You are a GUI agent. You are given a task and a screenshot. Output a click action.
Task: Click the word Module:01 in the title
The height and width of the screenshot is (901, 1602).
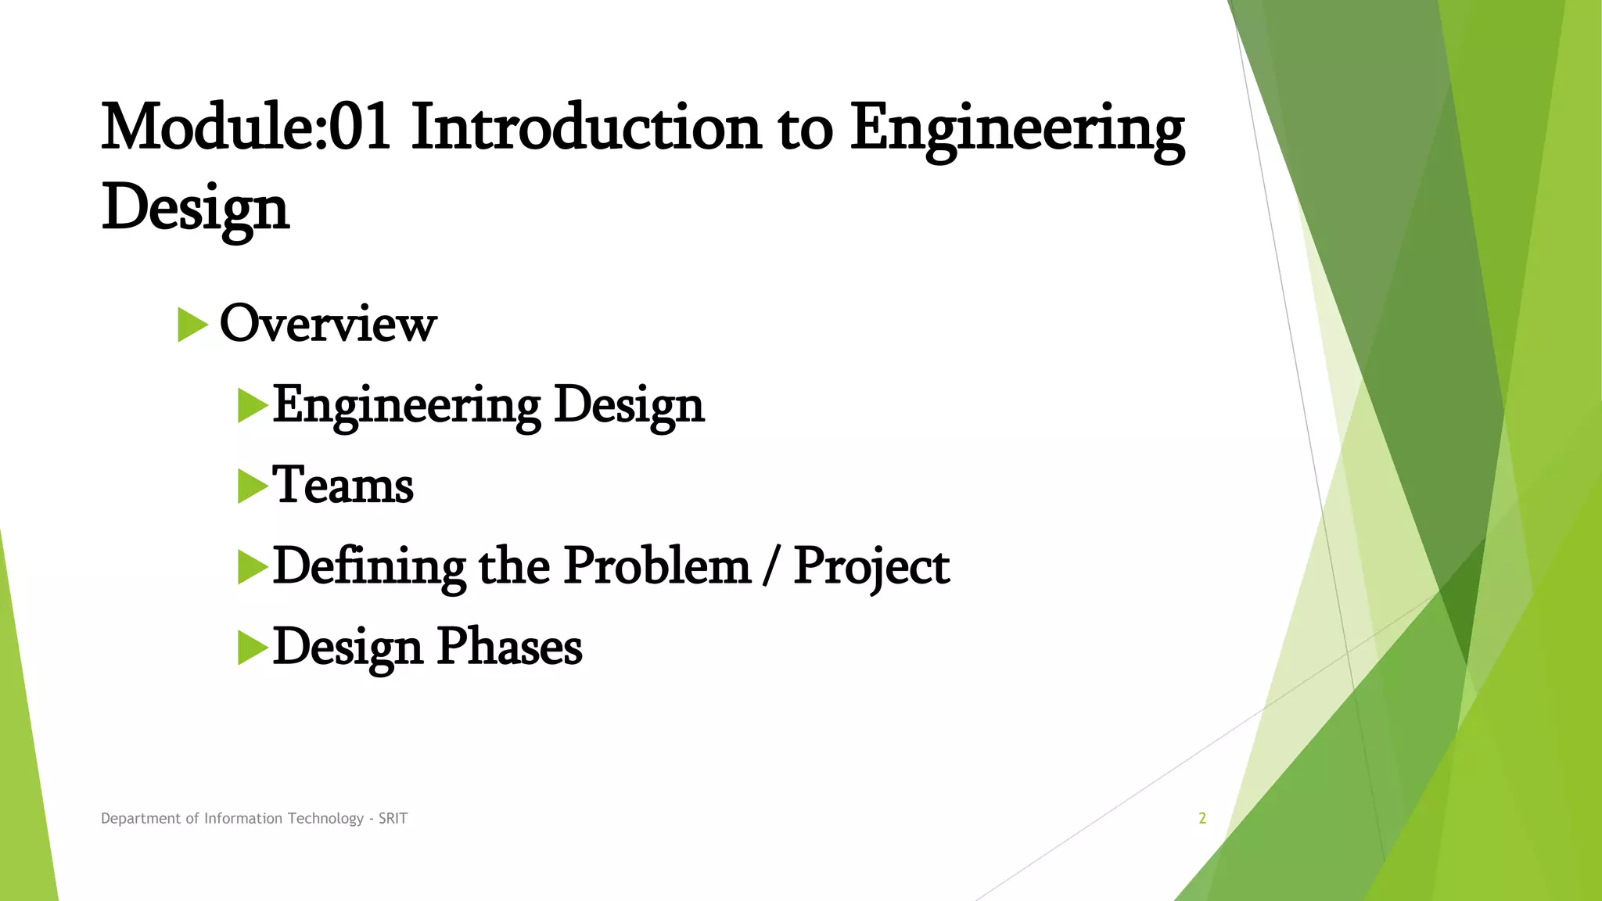coord(246,127)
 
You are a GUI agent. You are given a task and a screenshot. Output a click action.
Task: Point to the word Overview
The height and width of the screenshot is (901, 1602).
coord(328,323)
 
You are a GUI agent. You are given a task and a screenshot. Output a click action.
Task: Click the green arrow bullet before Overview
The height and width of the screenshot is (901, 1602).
coord(192,325)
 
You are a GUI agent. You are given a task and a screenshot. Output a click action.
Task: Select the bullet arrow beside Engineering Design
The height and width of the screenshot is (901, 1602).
coord(252,406)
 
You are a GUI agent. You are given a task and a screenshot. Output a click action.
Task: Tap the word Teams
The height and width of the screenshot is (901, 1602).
coord(343,486)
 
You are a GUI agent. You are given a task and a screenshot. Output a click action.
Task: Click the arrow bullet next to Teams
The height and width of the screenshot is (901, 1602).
coord(252,486)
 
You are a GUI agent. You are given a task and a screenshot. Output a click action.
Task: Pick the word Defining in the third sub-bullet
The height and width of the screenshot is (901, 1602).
coord(368,566)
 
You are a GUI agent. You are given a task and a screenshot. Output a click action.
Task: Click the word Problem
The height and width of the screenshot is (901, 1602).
coord(657,566)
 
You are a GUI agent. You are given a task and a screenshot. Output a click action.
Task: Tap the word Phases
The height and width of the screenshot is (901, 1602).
coord(509,648)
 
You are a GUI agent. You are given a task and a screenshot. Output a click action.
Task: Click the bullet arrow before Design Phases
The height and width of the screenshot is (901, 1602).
coord(252,648)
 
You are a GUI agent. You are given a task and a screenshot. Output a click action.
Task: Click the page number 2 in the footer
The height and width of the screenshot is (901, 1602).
coord(1202,818)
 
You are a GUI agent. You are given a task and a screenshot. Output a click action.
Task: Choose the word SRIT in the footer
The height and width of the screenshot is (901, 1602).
coord(393,818)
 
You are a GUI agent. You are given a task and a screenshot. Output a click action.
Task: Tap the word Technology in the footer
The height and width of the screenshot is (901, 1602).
coord(325,818)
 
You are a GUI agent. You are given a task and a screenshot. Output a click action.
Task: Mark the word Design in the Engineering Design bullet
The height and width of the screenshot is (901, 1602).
coord(629,406)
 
